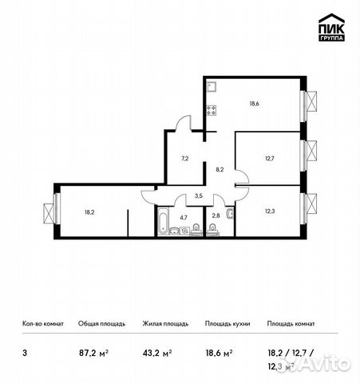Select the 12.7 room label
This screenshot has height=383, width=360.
coord(268,158)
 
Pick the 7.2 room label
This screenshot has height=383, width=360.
coord(184,159)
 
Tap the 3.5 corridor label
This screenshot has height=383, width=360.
coord(200,195)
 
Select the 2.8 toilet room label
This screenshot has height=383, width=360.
coord(216,215)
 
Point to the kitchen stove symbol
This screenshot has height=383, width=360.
coord(212,111)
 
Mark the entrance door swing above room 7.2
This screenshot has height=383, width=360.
coord(184,123)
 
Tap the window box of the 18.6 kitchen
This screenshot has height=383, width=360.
coord(312,101)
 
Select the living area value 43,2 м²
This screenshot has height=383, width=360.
coord(157,350)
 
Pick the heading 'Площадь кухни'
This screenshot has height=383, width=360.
coord(227,324)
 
